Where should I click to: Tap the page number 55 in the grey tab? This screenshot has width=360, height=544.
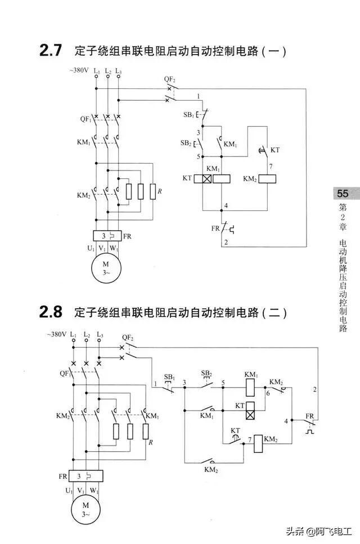343,194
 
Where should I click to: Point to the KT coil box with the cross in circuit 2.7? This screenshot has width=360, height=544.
201,178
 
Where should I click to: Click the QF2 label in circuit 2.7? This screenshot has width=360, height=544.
170,79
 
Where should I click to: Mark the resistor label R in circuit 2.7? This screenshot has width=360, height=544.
160,192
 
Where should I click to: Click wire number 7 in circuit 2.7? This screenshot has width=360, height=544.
271,167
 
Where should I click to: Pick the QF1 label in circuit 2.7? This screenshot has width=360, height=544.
84,119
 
